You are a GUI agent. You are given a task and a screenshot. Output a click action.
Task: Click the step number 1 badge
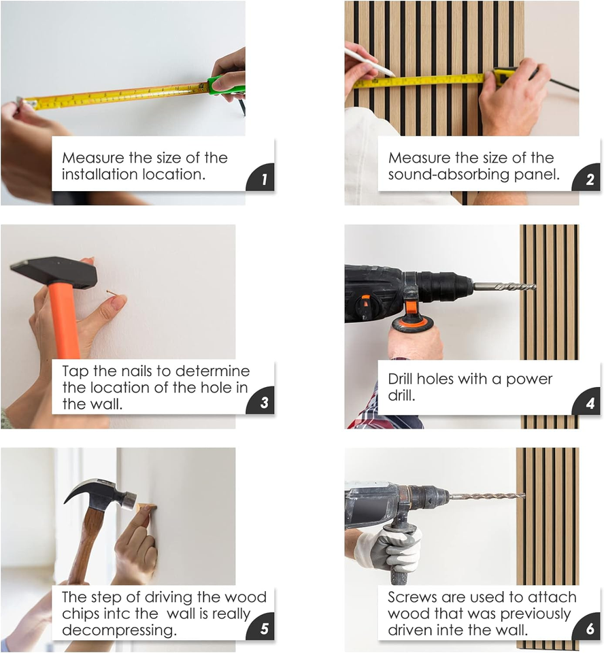261,178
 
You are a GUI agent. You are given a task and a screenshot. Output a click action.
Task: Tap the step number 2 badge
588,178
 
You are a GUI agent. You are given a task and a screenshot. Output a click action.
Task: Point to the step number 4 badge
588,402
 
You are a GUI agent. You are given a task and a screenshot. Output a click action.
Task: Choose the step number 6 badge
588,627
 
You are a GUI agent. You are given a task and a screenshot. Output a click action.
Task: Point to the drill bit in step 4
505,286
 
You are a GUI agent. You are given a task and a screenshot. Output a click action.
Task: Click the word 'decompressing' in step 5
119,630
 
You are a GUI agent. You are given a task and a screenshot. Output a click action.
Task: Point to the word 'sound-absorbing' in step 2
449,175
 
